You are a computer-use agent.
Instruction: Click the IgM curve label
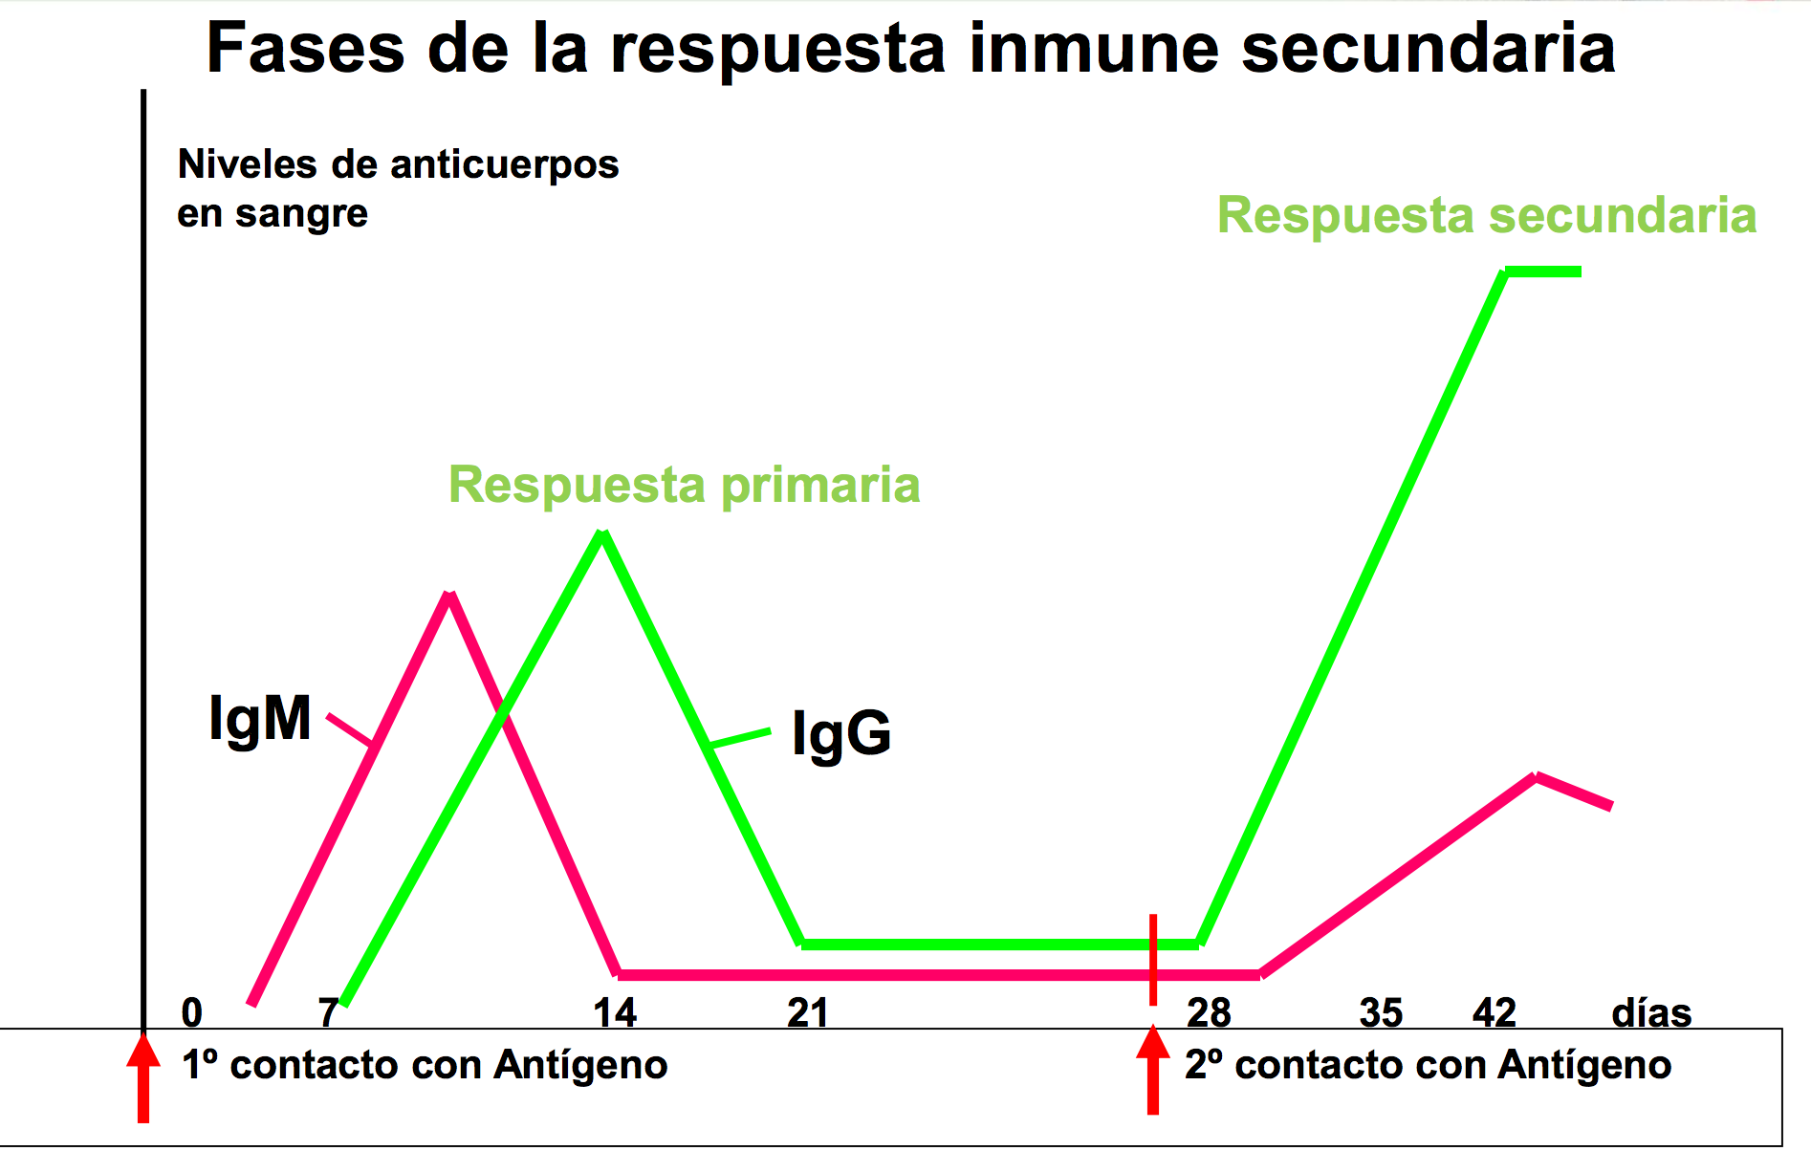pyautogui.click(x=260, y=718)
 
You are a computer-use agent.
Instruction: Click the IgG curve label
pyautogui.click(x=841, y=734)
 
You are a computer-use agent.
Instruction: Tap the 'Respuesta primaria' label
pyautogui.click(x=684, y=485)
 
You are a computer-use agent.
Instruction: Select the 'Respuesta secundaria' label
pyautogui.click(x=1486, y=215)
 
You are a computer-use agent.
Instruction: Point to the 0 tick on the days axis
pyautogui.click(x=192, y=1012)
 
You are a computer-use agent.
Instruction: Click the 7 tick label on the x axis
pyautogui.click(x=329, y=1012)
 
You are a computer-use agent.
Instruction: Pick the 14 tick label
pyautogui.click(x=615, y=1012)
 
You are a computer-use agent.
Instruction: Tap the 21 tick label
pyautogui.click(x=808, y=1012)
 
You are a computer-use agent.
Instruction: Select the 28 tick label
pyautogui.click(x=1209, y=1012)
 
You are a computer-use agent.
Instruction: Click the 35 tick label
pyautogui.click(x=1381, y=1012)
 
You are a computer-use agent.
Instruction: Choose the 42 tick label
pyautogui.click(x=1495, y=1012)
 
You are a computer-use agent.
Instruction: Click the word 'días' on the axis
pyautogui.click(x=1651, y=1012)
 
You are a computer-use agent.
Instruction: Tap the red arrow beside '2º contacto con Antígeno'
pyautogui.click(x=1153, y=1071)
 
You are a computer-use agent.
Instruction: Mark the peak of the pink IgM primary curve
pyautogui.click(x=449, y=596)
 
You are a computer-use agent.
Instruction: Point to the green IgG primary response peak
pyautogui.click(x=602, y=534)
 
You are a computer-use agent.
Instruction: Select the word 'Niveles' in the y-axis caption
pyautogui.click(x=247, y=164)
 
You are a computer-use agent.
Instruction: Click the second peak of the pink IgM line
pyautogui.click(x=1536, y=776)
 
